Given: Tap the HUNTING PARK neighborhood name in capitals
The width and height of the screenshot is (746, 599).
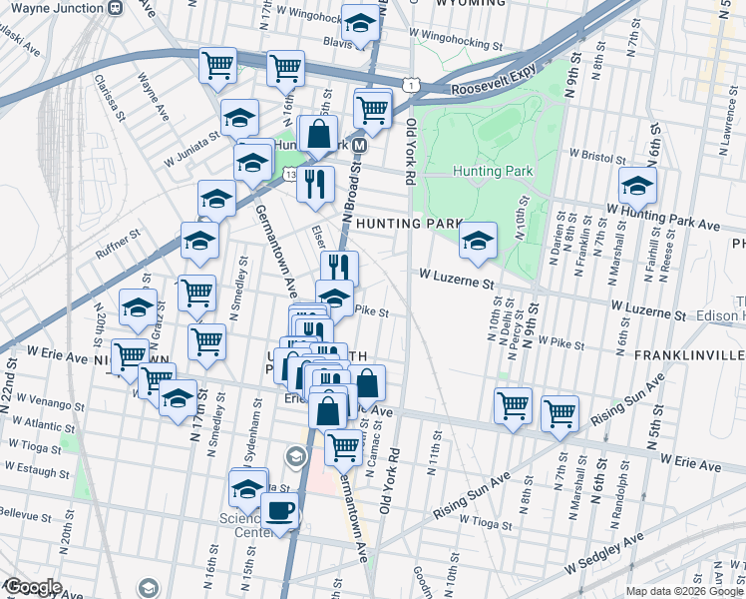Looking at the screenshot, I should point(405,224).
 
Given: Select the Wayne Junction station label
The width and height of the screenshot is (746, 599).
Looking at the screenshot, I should point(57,7).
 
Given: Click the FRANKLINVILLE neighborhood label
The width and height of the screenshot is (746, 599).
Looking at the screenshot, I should point(696,355).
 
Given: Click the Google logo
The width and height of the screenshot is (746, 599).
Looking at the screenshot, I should point(33,587).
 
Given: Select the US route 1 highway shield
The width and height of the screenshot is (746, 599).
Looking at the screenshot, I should point(409,87).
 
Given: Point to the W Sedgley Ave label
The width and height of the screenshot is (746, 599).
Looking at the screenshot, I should point(602,555).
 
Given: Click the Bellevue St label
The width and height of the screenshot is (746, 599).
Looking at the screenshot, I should point(24,516).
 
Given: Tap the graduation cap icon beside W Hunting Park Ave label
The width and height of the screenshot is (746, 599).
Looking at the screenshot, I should point(637,185).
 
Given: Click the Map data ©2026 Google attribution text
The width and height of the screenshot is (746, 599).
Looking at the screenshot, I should point(656,591).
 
